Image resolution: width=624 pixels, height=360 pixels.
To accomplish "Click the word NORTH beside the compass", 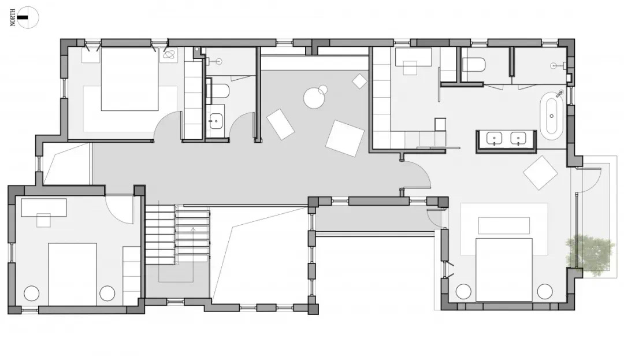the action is coord(13,18).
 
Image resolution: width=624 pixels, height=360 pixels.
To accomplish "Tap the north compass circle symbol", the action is coord(28,17).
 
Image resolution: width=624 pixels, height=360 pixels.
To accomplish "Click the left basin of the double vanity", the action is coord(494,139).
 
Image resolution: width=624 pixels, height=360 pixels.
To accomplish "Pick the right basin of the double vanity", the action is coord(518,139).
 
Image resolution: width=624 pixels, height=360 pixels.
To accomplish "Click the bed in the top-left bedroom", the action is coord(130,79).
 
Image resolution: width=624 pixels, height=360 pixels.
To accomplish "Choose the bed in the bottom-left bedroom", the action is coord(72,274).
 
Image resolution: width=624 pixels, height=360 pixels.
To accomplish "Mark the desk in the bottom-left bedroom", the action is coord(44,207).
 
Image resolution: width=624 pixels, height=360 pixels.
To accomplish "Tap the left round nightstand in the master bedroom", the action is coord(463,291).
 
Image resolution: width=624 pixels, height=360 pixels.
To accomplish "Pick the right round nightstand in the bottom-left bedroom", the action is coord(107,294).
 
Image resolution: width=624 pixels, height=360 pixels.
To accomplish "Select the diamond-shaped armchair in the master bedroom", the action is coord(540,173).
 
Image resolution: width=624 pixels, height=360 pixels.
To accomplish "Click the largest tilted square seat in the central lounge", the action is coord(344,139).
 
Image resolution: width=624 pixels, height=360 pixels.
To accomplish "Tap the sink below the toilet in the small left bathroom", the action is coord(216,121).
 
